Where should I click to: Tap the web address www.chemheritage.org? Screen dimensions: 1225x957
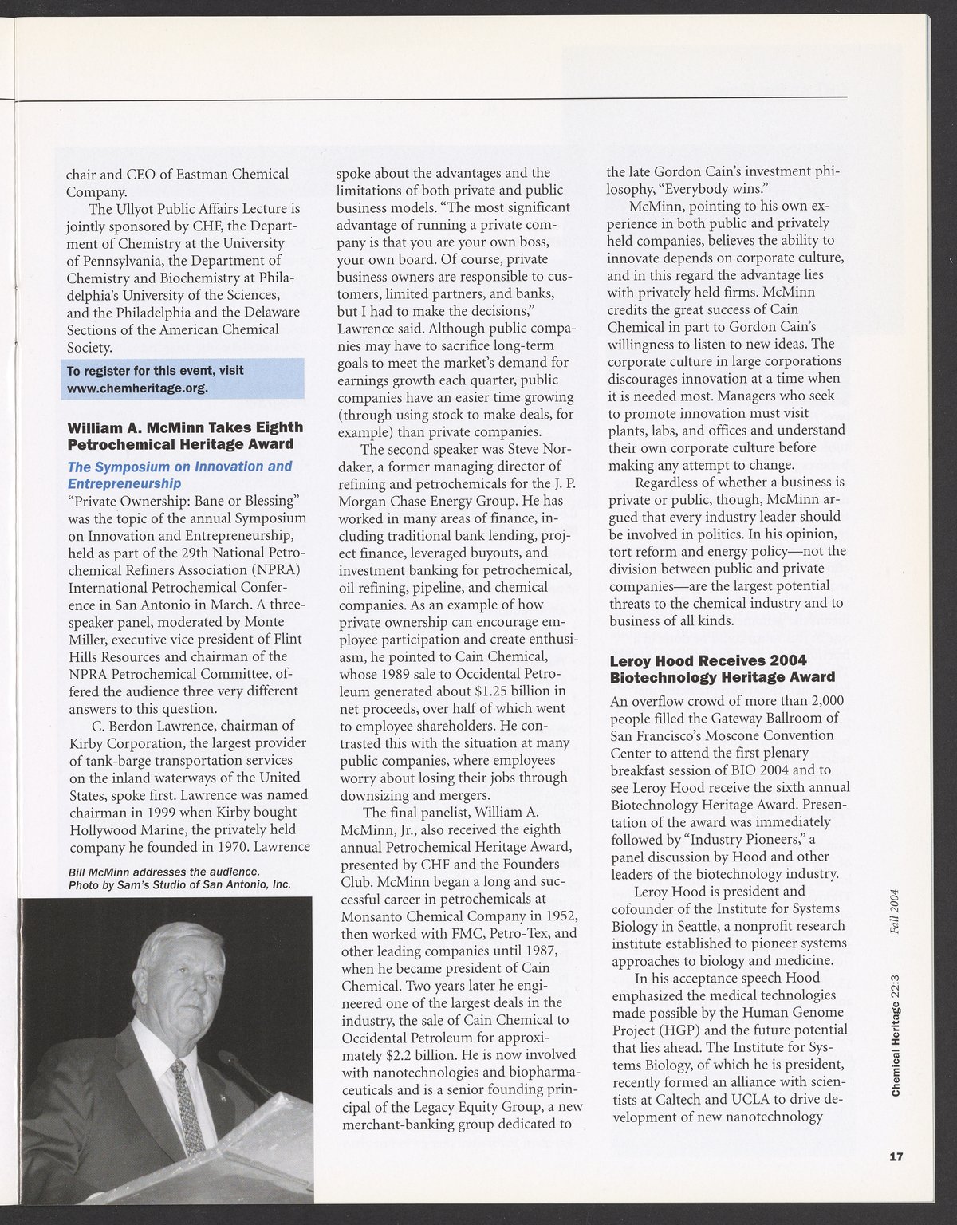137,388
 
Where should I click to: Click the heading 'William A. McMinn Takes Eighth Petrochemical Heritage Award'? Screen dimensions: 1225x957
185,435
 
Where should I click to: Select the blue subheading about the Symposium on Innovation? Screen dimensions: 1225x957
179,475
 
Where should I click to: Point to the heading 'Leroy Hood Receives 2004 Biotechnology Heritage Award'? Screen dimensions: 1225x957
723,669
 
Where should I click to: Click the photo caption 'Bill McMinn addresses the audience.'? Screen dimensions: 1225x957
163,871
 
